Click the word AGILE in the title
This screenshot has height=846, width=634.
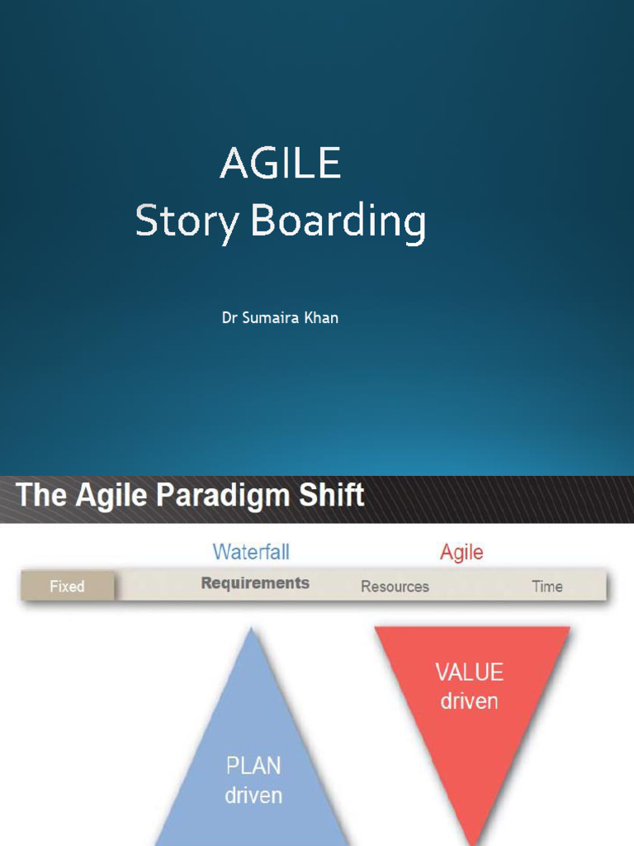coord(280,164)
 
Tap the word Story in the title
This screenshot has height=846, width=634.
coord(187,221)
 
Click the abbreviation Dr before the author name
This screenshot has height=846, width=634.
coord(229,317)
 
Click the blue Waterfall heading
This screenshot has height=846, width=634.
coord(251,552)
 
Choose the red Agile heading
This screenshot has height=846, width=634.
coord(461,553)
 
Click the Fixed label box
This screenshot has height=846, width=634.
coord(68,586)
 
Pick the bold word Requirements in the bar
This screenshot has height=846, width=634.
coord(255,583)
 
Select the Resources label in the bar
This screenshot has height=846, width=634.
coord(395,587)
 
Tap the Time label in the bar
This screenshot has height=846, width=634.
coord(546,587)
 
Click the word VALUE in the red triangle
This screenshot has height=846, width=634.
coord(469,673)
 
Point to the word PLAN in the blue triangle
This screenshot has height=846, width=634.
coord(253,766)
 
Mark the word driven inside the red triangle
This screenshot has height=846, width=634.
coord(469,701)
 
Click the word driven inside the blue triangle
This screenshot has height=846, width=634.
coord(253,795)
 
